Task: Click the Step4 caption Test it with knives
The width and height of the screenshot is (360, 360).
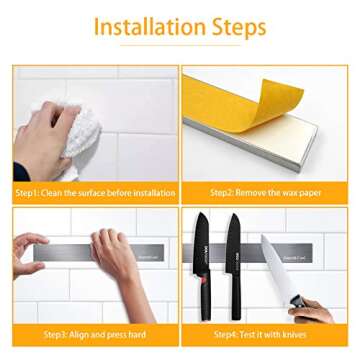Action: coord(266,335)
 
